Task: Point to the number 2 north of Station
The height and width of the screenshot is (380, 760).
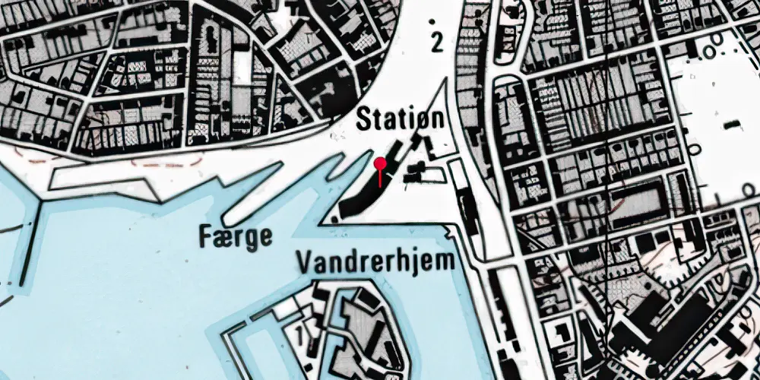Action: (x=436, y=43)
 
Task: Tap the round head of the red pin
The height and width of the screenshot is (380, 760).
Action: (x=380, y=161)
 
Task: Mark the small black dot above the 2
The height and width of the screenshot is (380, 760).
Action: (x=433, y=21)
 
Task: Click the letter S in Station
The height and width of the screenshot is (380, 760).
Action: (x=364, y=120)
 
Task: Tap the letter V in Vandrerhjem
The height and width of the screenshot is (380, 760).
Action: (x=306, y=262)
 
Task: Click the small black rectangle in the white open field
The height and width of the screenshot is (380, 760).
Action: (x=733, y=124)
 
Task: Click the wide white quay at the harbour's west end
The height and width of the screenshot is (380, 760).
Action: (x=99, y=179)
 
